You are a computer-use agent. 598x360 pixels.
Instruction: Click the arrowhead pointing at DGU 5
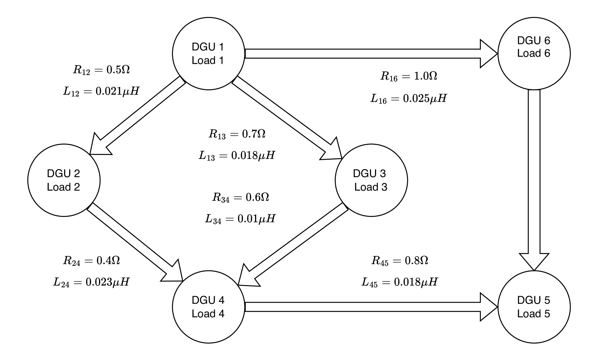point(534,261)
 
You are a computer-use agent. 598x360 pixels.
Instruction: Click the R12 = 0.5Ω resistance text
point(101,70)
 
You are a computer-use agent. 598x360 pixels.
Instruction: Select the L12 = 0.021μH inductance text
point(101,92)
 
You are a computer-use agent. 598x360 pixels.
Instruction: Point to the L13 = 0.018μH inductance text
point(237,156)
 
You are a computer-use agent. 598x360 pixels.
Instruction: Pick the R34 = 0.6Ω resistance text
point(241,197)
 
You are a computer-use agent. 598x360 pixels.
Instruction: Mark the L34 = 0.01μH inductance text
point(240,219)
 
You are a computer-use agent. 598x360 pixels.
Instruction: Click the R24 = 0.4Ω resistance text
point(92,261)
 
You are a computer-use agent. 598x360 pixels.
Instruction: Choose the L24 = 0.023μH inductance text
point(92,282)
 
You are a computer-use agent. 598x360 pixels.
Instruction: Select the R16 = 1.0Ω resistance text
point(409,76)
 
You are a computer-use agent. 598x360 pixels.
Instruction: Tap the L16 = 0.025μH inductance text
point(409,98)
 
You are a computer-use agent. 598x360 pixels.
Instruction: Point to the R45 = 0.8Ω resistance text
point(400,261)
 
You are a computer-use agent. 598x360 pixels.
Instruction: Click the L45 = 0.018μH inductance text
point(400,282)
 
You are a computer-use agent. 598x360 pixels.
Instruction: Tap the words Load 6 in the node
point(534,53)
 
